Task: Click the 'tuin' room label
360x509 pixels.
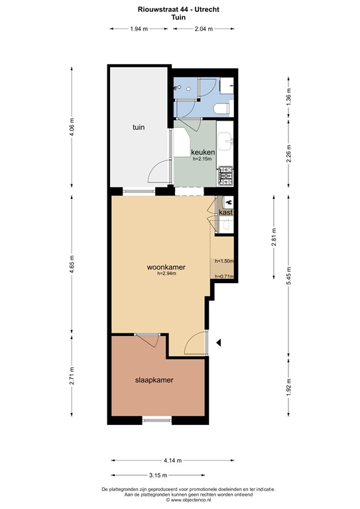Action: [x=139, y=127]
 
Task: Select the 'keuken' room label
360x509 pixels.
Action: [x=202, y=152]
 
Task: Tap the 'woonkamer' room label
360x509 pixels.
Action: [x=166, y=267]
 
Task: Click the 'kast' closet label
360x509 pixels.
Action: [x=225, y=212]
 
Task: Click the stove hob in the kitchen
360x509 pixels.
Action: [x=225, y=175]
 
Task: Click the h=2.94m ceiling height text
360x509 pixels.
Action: [x=166, y=274]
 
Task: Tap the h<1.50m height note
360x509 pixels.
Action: [x=224, y=261]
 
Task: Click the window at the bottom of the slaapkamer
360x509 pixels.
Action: [x=157, y=420]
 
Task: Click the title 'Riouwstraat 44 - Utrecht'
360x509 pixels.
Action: [x=178, y=8]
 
